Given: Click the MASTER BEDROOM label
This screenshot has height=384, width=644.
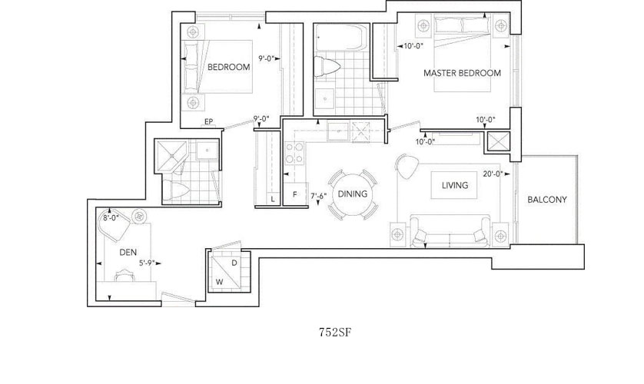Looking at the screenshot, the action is [x=462, y=73].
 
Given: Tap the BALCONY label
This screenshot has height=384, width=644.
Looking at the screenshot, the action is [x=547, y=200].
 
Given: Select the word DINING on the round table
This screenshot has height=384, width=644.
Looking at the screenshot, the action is [x=353, y=194].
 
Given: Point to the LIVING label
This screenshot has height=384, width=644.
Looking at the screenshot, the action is [x=455, y=185].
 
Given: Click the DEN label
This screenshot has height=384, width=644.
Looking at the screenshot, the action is [x=128, y=253].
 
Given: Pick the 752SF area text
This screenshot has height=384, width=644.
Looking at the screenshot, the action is [x=335, y=333].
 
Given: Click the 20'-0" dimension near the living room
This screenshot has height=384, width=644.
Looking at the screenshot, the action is [x=493, y=174].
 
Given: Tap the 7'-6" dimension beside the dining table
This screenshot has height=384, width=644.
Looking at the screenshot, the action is [x=319, y=196].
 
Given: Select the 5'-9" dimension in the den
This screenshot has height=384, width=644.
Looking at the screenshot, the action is [x=147, y=263].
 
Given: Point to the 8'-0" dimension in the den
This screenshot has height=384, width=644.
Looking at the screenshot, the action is [x=111, y=218].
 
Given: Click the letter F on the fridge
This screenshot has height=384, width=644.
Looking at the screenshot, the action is [x=295, y=194].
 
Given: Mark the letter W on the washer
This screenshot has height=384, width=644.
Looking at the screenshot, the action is [x=220, y=283].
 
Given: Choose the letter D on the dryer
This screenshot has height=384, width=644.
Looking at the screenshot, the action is [x=234, y=263].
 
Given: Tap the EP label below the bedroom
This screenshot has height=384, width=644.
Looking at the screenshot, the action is [x=208, y=122].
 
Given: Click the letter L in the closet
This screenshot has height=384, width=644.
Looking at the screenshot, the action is [x=273, y=200].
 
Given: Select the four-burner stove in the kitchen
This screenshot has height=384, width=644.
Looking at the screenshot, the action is [x=294, y=153].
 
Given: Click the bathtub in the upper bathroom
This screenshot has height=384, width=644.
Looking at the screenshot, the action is [x=342, y=38].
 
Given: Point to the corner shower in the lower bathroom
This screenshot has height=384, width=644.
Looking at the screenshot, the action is [x=171, y=155].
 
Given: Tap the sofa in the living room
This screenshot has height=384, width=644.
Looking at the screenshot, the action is [x=450, y=231].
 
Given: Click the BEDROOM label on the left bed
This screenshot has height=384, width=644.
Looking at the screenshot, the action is [x=229, y=67].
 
